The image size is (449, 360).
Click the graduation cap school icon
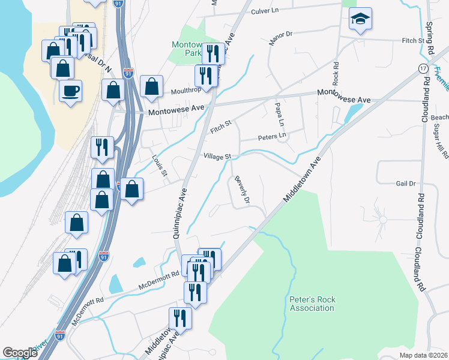click(360, 20)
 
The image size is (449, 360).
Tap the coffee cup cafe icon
click(70, 92)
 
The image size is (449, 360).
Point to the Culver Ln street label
click(265, 11)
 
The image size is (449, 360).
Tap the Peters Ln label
click(272, 137)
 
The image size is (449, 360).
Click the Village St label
click(217, 156)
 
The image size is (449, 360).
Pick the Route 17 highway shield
click(423, 70)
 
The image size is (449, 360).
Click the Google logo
click(20, 353)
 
